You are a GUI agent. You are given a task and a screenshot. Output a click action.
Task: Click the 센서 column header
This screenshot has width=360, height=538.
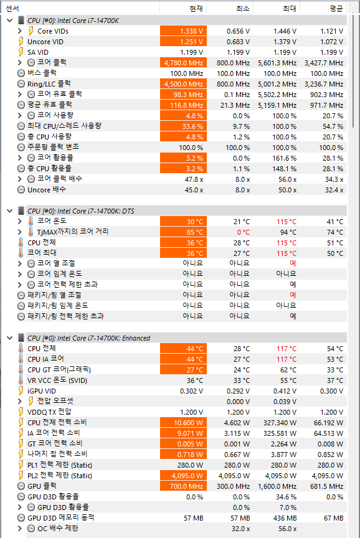click(12, 8)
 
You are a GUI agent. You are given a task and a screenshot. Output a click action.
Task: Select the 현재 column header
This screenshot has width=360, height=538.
click(196, 8)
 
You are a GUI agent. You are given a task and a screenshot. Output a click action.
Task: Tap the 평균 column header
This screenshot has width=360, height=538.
click(336, 8)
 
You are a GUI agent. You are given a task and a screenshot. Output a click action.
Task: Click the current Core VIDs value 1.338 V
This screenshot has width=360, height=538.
click(183, 31)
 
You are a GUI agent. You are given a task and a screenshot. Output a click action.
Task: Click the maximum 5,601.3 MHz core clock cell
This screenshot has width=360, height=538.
click(277, 63)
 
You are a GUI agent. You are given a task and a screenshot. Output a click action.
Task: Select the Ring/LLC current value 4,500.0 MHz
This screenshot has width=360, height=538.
click(183, 85)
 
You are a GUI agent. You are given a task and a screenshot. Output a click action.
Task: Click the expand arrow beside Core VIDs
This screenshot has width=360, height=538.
click(20, 31)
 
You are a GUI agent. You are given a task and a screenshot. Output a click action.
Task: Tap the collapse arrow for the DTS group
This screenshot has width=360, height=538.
click(10, 211)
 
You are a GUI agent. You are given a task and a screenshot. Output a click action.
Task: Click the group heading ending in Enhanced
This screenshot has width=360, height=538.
click(88, 338)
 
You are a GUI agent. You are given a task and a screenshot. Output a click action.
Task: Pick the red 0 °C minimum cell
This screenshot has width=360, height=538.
click(244, 232)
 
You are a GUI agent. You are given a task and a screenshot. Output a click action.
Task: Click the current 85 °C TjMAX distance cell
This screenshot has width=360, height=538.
click(183, 232)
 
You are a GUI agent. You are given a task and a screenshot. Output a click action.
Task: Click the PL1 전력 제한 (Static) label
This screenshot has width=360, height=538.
click(60, 465)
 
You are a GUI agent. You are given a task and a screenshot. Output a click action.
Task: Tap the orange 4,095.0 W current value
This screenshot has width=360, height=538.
click(183, 476)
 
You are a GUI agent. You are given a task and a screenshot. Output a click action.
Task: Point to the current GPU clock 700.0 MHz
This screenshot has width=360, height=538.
click(183, 486)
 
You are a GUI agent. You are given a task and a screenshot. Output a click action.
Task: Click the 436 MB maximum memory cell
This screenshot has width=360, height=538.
click(285, 518)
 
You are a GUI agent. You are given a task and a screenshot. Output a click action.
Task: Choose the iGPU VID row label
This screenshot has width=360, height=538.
click(42, 391)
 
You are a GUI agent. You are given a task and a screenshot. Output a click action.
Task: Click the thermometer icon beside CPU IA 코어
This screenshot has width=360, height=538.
click(21, 359)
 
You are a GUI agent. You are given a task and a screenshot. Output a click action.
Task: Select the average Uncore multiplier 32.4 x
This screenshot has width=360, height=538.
click(334, 190)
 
